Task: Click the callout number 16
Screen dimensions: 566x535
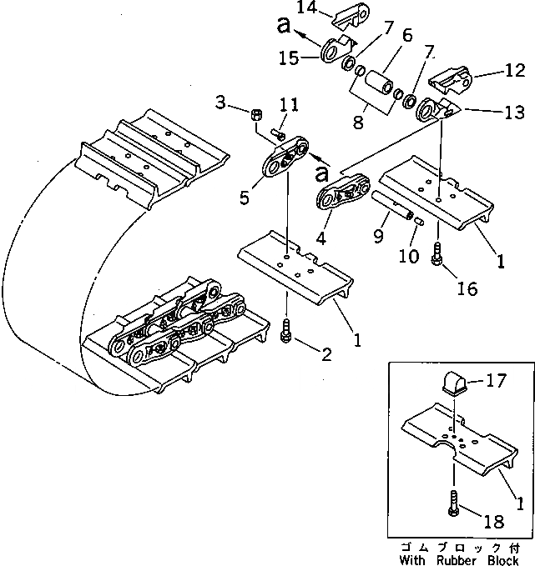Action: tap(467, 288)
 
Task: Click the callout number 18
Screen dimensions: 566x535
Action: tap(495, 523)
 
